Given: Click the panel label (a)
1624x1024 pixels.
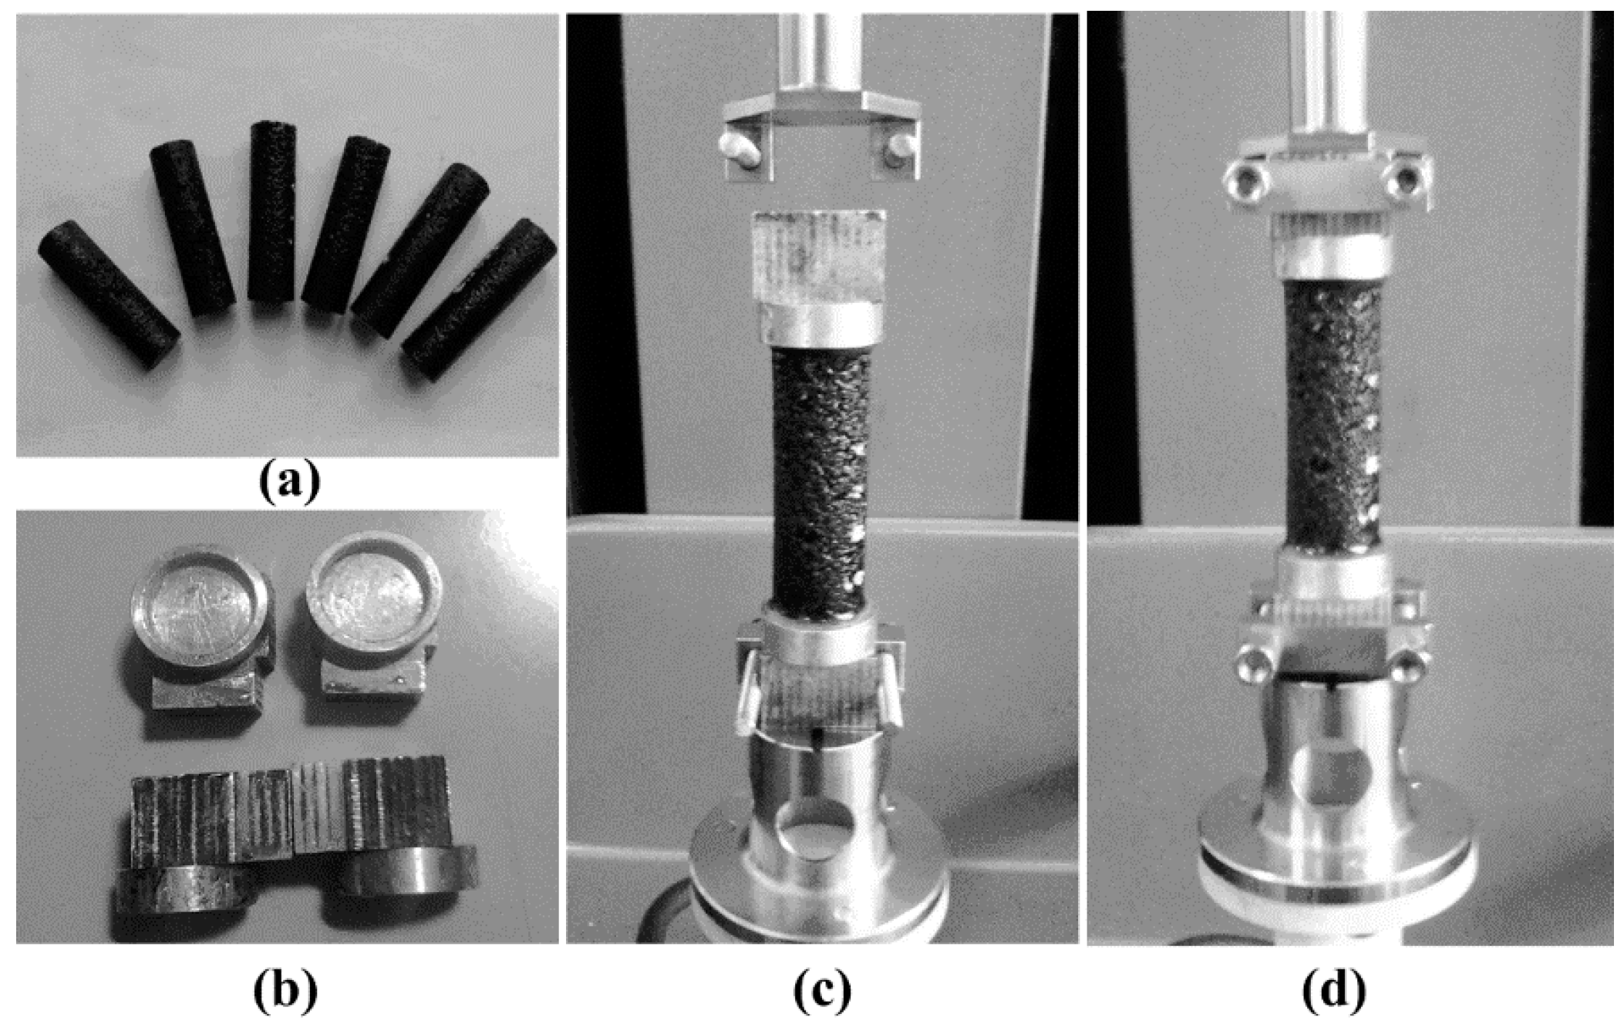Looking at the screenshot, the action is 288,482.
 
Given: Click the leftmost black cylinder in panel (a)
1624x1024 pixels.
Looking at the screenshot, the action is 109,294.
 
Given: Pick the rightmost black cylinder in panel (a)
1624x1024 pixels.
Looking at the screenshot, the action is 479,298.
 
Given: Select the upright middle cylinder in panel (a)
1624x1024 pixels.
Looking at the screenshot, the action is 272,211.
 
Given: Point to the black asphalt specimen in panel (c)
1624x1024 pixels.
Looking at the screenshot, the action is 820,483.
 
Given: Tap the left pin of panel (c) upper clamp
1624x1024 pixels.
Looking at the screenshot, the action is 736,147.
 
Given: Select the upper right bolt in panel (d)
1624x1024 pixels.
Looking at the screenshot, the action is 1407,180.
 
